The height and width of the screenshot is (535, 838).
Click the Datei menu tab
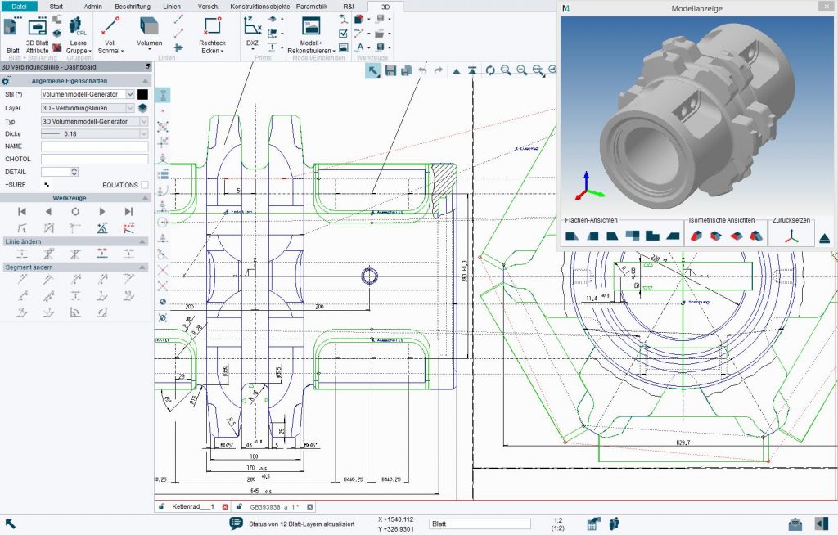(19, 6)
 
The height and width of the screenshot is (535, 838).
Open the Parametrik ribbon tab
(311, 6)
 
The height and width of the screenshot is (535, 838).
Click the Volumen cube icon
(149, 26)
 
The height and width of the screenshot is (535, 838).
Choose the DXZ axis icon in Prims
(252, 25)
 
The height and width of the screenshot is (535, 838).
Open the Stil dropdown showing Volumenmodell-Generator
(88, 94)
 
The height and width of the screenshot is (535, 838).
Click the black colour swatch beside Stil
(142, 94)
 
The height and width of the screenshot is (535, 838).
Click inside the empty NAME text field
(94, 146)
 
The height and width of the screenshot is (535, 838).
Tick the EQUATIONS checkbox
(145, 185)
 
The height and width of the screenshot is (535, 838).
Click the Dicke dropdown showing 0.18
(94, 133)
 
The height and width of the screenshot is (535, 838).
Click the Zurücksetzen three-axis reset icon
(791, 236)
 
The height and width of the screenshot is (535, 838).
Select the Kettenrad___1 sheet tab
(192, 507)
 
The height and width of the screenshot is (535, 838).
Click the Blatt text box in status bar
(480, 524)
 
